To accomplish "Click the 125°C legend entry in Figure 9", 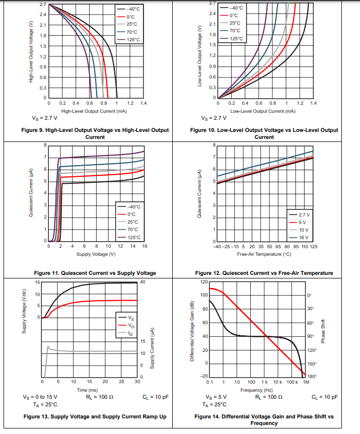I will tap(133, 39).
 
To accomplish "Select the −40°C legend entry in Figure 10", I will tap(236, 8).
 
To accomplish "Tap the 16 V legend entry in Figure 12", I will tap(303, 237).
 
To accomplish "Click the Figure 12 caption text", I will tap(264, 273).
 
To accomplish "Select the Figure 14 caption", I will tap(264, 420).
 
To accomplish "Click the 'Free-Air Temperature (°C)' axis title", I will tap(263, 254).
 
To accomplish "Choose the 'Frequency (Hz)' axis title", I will tap(257, 390).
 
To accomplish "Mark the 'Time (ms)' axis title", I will tap(87, 390).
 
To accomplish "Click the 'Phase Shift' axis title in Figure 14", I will tap(323, 331).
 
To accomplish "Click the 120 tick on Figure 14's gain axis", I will tap(204, 281).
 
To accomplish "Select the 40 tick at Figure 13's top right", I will tap(142, 281).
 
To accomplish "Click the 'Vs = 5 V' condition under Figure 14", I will tap(216, 397).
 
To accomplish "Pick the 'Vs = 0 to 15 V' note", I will tap(40, 397).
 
